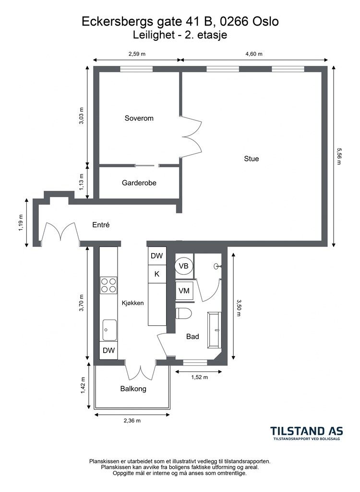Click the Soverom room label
point(139,118)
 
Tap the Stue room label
point(252,159)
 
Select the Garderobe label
point(139,183)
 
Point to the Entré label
point(101,225)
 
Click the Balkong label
point(133,389)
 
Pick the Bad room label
point(192,336)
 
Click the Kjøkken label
point(132,303)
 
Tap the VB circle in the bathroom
point(184,266)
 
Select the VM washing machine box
point(184,291)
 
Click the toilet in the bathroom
point(183,313)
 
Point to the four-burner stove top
point(108,285)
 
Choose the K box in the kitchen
point(157,274)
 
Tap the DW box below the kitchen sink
point(109,350)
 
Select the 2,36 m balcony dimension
point(132,420)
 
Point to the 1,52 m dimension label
point(200,377)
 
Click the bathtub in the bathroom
point(215,330)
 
